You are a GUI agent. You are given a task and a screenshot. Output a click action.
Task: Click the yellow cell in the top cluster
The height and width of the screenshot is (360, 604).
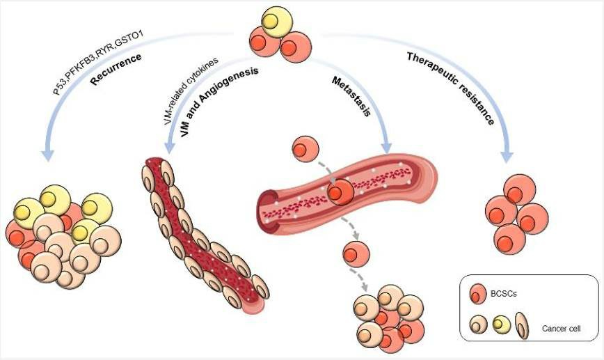[x=273, y=22]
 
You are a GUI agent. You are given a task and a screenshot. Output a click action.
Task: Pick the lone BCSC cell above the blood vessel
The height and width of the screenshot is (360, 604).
[x=305, y=149]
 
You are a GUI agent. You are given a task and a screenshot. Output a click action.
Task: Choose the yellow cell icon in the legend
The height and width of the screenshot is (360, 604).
[x=501, y=324]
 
